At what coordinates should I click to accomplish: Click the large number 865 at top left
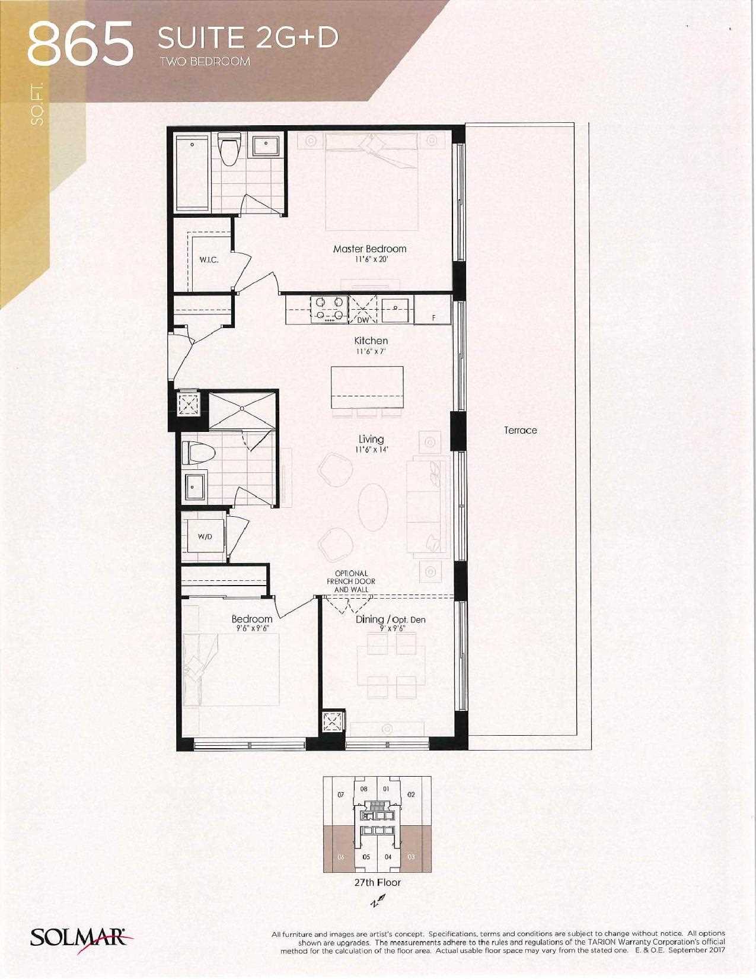point(81,44)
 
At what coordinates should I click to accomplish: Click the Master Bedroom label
point(369,249)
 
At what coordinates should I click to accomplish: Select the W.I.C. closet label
point(209,260)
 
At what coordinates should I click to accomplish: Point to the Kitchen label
point(371,341)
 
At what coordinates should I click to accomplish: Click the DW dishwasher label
point(363,319)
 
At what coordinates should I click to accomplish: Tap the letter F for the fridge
point(433,317)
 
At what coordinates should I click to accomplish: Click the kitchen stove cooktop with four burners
point(329,309)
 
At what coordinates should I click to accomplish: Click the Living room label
point(371,439)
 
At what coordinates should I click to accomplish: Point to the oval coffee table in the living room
point(373,507)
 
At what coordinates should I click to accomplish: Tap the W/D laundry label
point(205,537)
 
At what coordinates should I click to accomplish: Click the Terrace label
point(521,430)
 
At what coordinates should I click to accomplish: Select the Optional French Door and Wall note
point(351,581)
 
